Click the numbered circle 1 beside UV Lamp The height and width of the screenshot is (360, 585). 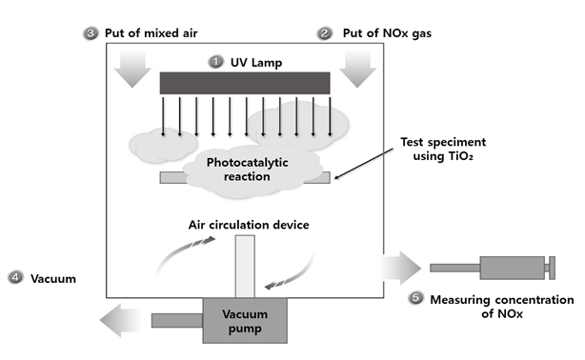pyautogui.click(x=215, y=62)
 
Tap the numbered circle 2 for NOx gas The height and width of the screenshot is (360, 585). pyautogui.click(x=325, y=33)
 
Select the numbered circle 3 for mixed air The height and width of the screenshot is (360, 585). pyautogui.click(x=91, y=33)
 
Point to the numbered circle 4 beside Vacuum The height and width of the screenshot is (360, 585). pyautogui.click(x=15, y=278)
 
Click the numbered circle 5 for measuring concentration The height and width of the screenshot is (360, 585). pyautogui.click(x=416, y=298)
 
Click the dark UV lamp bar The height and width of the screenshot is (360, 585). pyautogui.click(x=245, y=83)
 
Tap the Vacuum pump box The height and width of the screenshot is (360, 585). pyautogui.click(x=245, y=320)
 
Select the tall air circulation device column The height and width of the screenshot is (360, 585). pyautogui.click(x=245, y=266)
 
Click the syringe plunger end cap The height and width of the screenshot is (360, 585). pyautogui.click(x=553, y=268)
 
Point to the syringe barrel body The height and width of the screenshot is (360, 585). pyautogui.click(x=513, y=268)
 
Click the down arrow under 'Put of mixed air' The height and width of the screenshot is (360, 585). pyautogui.click(x=132, y=70)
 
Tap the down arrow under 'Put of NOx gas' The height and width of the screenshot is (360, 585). pyautogui.click(x=357, y=70)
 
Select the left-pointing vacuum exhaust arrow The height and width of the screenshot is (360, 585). pyautogui.click(x=120, y=320)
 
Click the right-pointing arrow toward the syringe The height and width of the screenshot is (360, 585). pyautogui.click(x=401, y=268)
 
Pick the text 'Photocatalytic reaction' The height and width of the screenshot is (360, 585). pyautogui.click(x=247, y=170)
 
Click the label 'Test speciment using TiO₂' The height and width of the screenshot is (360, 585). pyautogui.click(x=443, y=149)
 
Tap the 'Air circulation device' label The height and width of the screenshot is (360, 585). pyautogui.click(x=249, y=225)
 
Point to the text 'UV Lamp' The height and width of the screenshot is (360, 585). pyautogui.click(x=256, y=62)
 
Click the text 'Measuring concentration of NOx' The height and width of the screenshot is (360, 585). pyautogui.click(x=502, y=307)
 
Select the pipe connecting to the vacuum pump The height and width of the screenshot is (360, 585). pyautogui.click(x=177, y=320)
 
